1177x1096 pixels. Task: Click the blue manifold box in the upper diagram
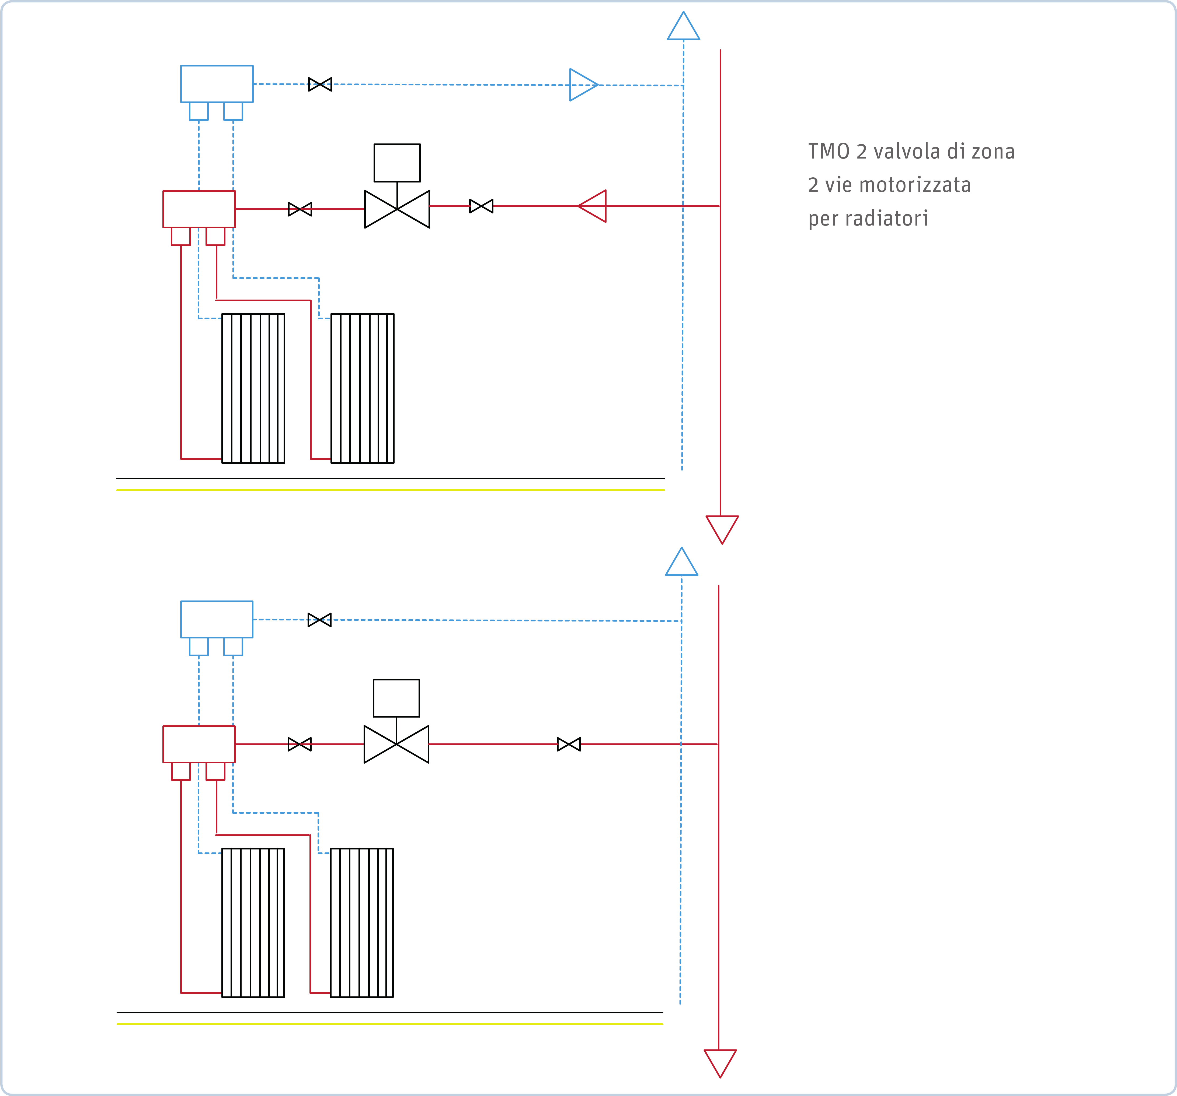(217, 84)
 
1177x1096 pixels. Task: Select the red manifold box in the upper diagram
(199, 209)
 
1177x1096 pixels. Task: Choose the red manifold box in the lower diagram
(199, 744)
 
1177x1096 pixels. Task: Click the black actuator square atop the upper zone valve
(397, 163)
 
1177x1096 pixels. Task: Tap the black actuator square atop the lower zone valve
(396, 698)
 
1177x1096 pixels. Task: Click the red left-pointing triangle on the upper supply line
(592, 206)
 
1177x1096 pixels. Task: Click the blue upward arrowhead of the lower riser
(681, 561)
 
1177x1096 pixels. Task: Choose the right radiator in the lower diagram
(362, 923)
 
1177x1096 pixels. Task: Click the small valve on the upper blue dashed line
(320, 84)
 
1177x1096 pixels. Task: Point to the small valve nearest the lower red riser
(569, 744)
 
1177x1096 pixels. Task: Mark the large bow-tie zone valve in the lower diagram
(396, 744)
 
